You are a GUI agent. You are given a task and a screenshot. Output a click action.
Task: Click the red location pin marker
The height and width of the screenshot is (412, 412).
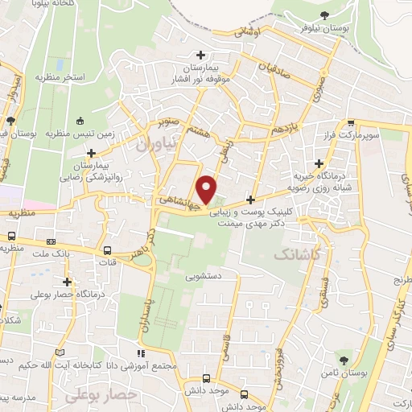coord(208,188)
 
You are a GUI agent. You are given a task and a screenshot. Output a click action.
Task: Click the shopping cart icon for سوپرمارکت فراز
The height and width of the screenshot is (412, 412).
coord(351,123)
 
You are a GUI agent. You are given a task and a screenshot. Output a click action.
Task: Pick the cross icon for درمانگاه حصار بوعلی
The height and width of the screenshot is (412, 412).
coord(68,282)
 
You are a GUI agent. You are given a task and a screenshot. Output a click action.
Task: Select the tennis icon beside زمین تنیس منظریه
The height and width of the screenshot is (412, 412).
coord(80,122)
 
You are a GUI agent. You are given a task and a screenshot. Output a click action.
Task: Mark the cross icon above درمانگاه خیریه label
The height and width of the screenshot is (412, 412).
coord(319,163)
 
